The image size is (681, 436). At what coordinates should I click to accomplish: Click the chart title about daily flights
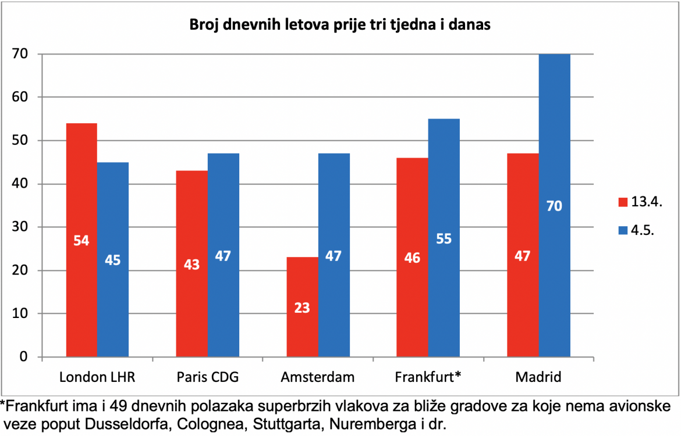pos(340,24)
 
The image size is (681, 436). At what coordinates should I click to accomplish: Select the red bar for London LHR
pos(81,240)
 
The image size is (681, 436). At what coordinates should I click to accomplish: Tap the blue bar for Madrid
pos(555,205)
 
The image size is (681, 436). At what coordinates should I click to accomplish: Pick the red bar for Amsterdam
pos(302,307)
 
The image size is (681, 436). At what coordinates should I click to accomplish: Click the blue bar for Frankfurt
pos(444,238)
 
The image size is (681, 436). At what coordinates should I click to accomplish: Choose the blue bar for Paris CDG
pos(224,255)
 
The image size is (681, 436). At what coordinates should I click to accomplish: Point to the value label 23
pos(302,308)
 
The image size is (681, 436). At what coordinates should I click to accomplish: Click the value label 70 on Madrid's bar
pos(554,206)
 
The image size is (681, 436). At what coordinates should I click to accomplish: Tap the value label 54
pos(81,240)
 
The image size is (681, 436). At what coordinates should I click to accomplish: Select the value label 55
pos(444,238)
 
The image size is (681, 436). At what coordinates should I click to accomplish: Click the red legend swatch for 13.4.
pos(623,202)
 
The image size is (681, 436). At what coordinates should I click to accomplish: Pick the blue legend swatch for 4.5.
pos(623,230)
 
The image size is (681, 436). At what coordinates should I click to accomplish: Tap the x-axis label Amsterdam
pos(317,377)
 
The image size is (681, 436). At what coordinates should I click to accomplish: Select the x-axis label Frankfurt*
pos(428,377)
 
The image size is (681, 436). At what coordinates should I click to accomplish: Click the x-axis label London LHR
pos(97,377)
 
